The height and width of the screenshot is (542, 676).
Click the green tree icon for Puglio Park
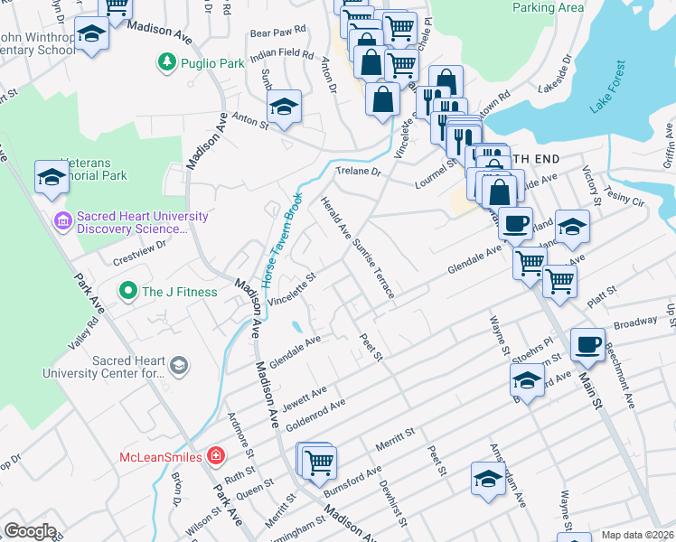[x=165, y=62]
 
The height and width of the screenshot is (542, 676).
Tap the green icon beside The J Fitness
[x=128, y=292]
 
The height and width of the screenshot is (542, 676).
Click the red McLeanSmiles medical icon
[x=215, y=455]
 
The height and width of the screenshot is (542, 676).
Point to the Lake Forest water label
[x=607, y=88]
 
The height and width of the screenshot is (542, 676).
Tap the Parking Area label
[x=548, y=7]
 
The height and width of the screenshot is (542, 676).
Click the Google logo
[x=30, y=531]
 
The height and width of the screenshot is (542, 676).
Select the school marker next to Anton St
[x=284, y=108]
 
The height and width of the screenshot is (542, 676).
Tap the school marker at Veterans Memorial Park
[x=52, y=178]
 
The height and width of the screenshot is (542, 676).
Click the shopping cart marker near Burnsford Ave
[x=318, y=463]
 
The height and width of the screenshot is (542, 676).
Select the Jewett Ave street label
[x=304, y=397]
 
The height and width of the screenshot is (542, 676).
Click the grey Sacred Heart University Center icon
[x=180, y=365]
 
